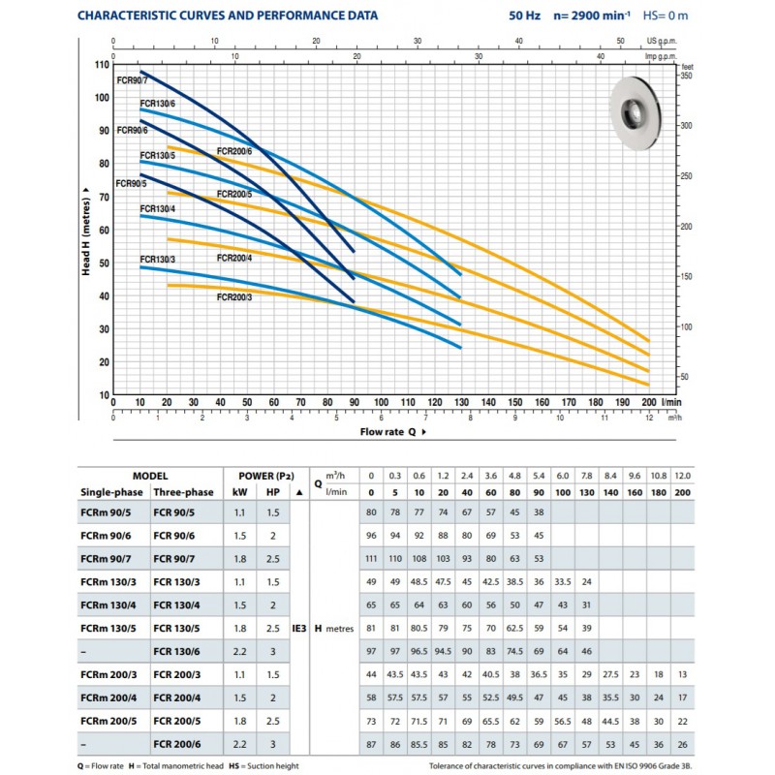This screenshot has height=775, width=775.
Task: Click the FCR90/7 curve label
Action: click(x=132, y=80)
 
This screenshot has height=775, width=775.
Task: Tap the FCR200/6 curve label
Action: click(x=234, y=151)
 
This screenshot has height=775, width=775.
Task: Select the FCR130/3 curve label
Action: click(x=158, y=260)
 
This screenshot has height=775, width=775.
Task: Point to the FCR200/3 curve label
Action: click(x=234, y=297)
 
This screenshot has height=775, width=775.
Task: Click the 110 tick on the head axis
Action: click(x=102, y=65)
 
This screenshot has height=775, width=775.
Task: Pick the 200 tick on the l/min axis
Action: click(x=649, y=402)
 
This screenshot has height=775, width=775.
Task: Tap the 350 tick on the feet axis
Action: click(x=687, y=76)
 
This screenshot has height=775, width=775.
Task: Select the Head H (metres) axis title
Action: click(x=86, y=232)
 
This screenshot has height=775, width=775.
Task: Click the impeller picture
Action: click(x=635, y=113)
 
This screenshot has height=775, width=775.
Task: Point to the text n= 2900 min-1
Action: click(x=592, y=15)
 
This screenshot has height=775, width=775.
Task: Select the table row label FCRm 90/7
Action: click(x=106, y=559)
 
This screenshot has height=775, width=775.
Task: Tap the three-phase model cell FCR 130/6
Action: click(x=176, y=651)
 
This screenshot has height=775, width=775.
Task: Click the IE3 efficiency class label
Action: click(x=299, y=629)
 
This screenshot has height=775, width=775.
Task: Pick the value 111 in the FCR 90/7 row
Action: click(x=371, y=559)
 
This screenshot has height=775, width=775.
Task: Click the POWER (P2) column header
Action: click(x=266, y=476)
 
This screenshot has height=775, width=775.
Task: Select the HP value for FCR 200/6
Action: click(x=273, y=744)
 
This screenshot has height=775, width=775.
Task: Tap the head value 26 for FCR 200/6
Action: click(x=683, y=744)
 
